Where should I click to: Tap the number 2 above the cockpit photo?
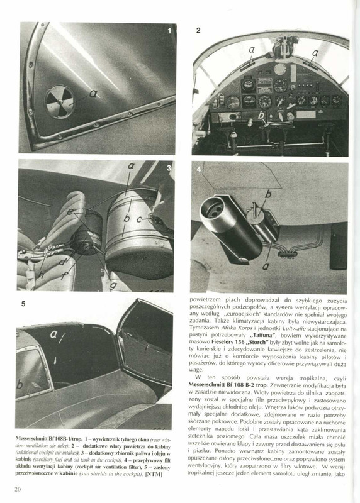click(198, 30)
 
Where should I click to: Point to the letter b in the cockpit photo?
click(261, 115)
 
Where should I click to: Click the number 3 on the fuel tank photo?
click(169, 168)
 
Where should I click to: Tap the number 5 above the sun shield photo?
click(23, 304)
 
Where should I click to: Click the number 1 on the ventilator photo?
click(169, 31)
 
